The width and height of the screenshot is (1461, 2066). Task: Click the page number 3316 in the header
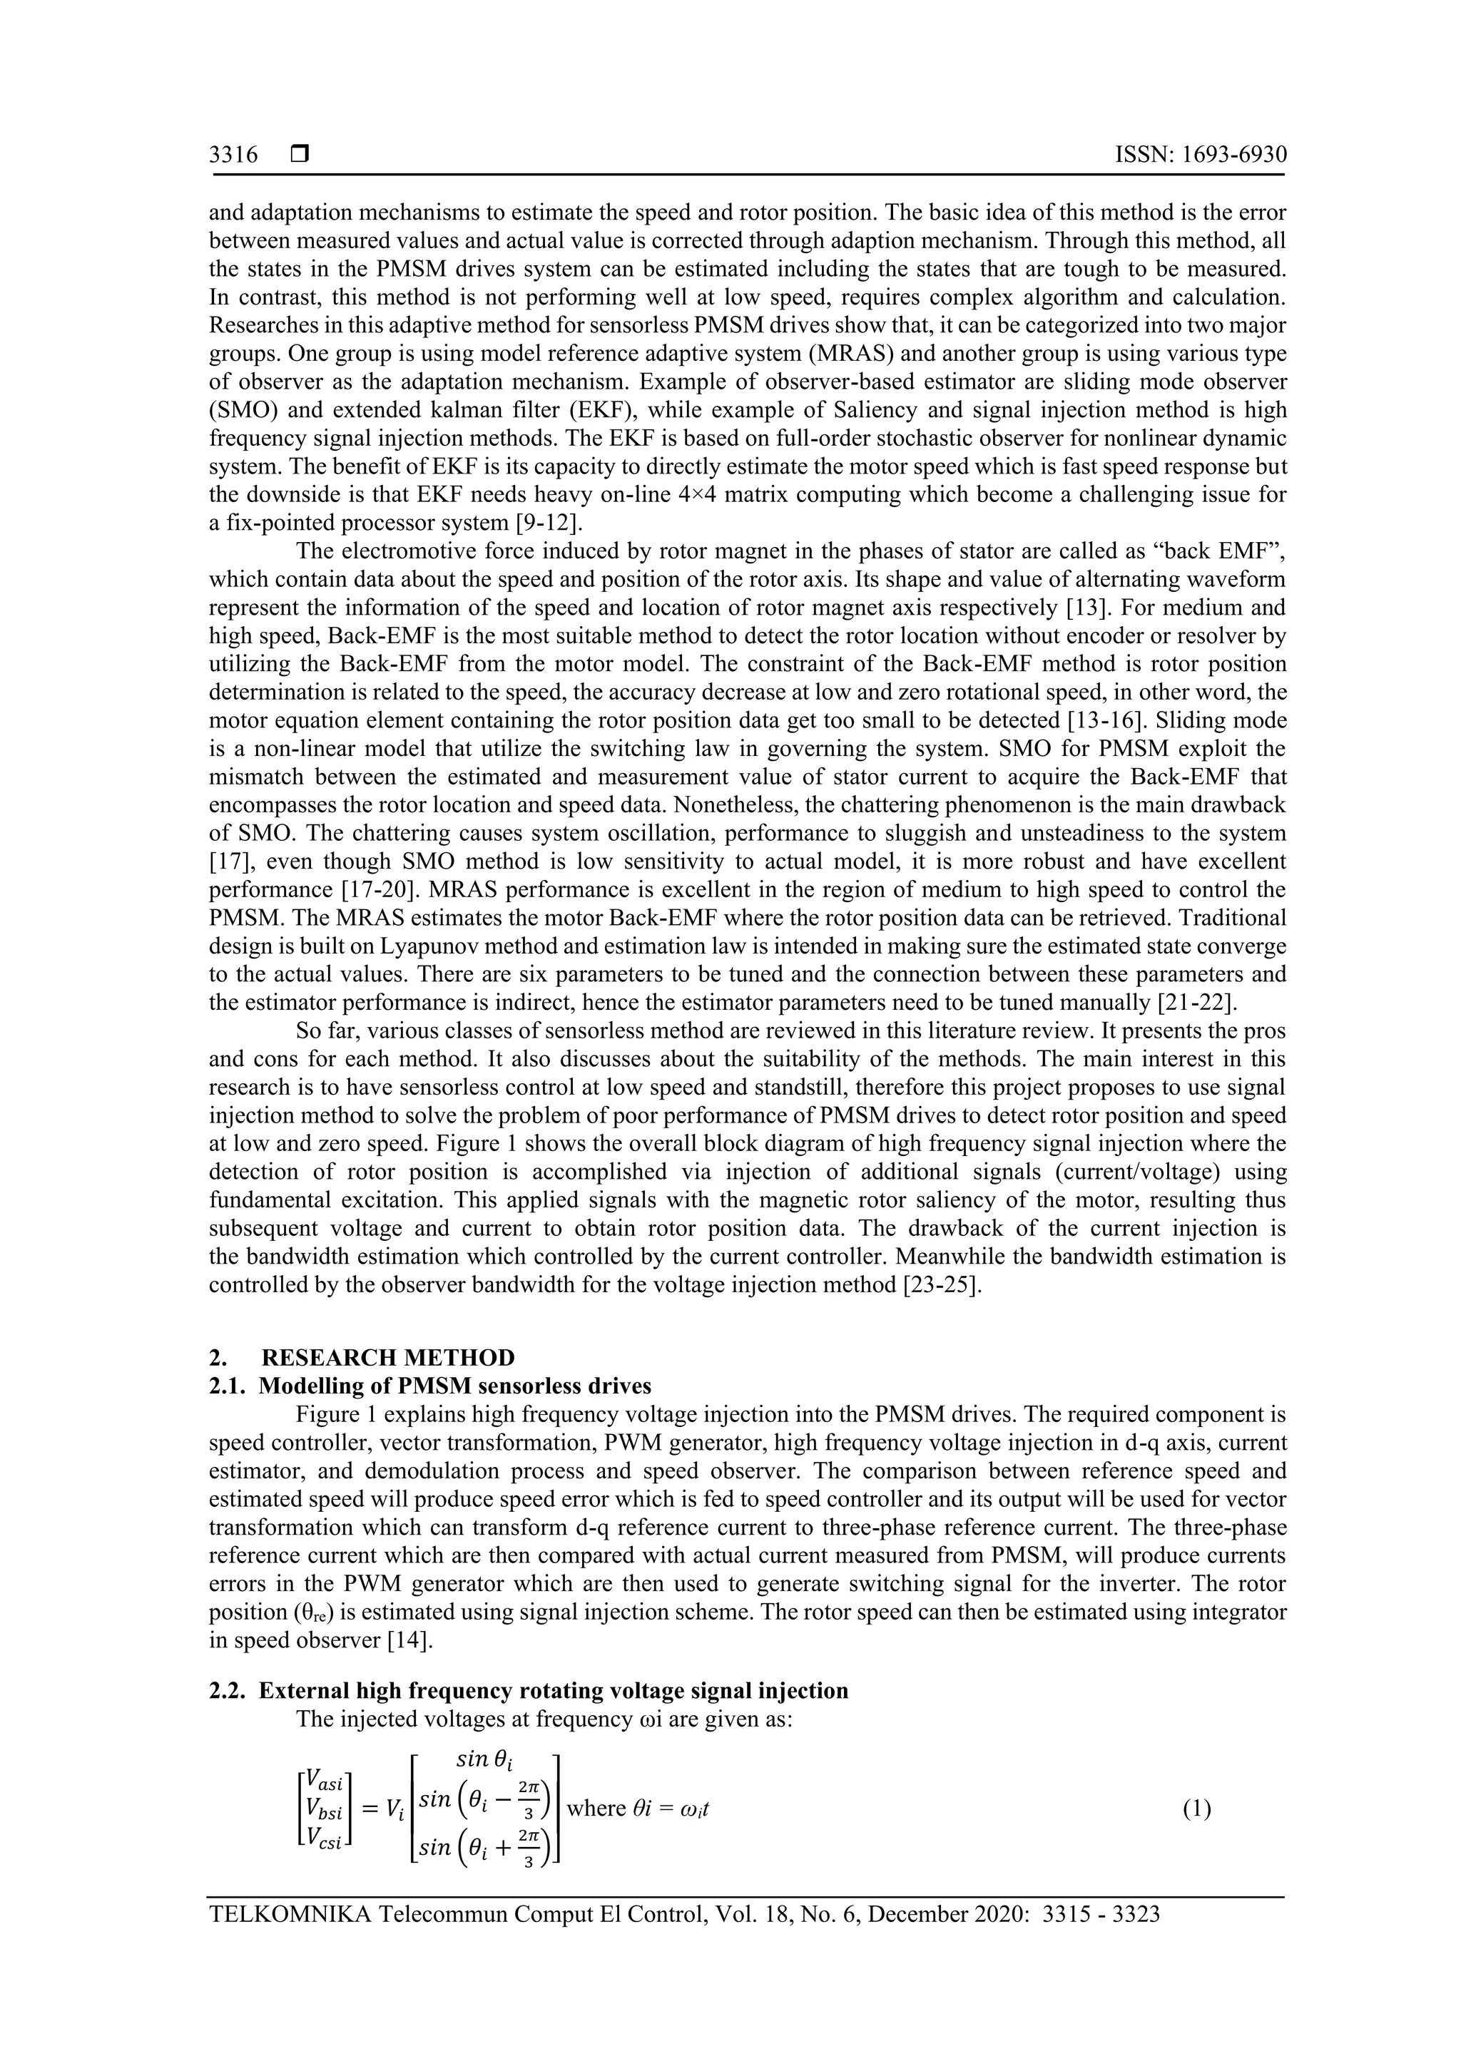point(233,155)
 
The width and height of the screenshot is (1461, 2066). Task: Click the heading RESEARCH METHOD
point(388,1357)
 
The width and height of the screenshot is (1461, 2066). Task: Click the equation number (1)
point(1196,1809)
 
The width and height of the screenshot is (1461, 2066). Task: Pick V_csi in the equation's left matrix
point(325,1838)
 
